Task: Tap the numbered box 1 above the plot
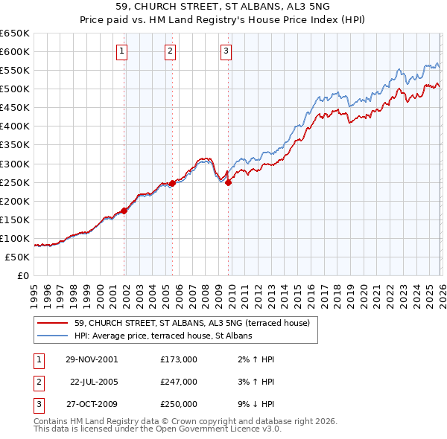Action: click(x=121, y=51)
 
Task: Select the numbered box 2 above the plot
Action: click(x=170, y=51)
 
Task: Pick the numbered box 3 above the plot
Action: click(x=226, y=51)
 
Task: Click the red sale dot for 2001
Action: click(x=124, y=211)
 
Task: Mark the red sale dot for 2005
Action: click(x=172, y=183)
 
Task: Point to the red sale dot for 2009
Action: click(x=229, y=182)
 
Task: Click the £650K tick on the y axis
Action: click(x=15, y=33)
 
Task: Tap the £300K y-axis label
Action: click(x=15, y=164)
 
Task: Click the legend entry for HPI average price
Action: click(x=163, y=336)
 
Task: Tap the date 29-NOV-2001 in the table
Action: click(x=92, y=359)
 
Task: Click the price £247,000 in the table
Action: click(x=179, y=382)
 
